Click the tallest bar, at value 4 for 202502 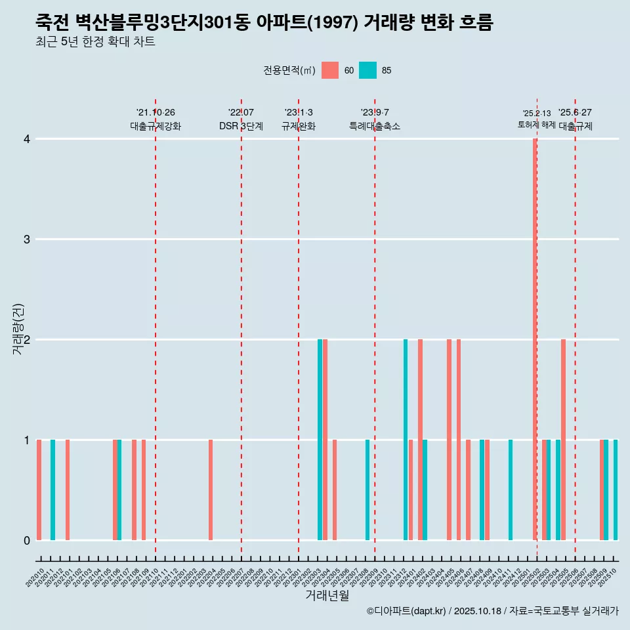click(x=535, y=339)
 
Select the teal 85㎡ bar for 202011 click(x=53, y=490)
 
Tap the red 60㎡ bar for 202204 click(x=211, y=490)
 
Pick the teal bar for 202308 click(x=367, y=490)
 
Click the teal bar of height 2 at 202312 click(x=406, y=440)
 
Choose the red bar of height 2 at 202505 click(x=563, y=440)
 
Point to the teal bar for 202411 click(x=511, y=490)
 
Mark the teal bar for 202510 click(x=616, y=490)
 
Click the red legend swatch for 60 click(x=330, y=70)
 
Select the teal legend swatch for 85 click(x=368, y=70)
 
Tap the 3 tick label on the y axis click(x=27, y=239)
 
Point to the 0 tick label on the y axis click(x=27, y=540)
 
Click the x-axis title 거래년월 click(x=327, y=595)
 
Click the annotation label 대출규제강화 click(x=156, y=126)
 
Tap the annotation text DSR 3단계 click(x=241, y=126)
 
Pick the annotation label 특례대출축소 click(x=375, y=126)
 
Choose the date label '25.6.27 click(x=575, y=112)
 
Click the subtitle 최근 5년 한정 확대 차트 click(x=95, y=42)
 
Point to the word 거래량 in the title click(x=388, y=23)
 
